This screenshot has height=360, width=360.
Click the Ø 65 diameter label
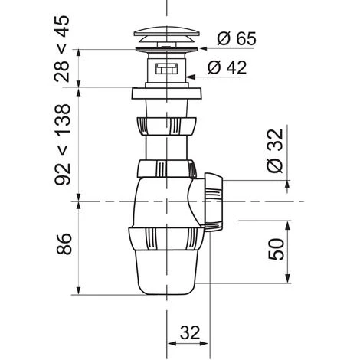pyautogui.click(x=237, y=38)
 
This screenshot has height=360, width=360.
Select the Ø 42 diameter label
pyautogui.click(x=227, y=67)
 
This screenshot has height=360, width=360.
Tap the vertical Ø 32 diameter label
pyautogui.click(x=275, y=151)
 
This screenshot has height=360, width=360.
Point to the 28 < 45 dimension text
pyautogui.click(x=62, y=48)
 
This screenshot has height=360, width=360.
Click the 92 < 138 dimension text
pyautogui.click(x=62, y=145)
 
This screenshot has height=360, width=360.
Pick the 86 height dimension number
pyautogui.click(x=64, y=244)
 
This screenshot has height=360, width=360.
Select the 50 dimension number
pyautogui.click(x=277, y=249)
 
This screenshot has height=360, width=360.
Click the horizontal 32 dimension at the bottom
pyautogui.click(x=190, y=332)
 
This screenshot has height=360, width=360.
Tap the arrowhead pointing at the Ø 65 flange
pyautogui.click(x=203, y=48)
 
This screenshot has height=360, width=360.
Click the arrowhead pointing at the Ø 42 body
pyautogui.click(x=191, y=77)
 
